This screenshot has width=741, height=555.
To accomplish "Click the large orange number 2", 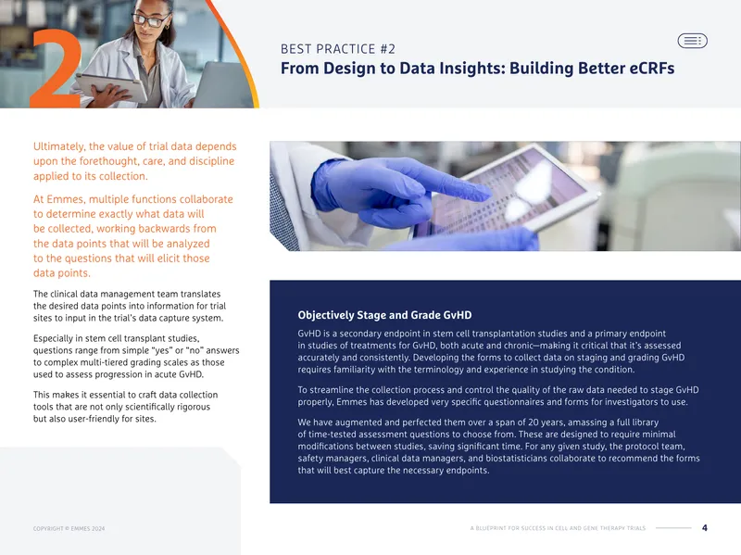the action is (x=57, y=71).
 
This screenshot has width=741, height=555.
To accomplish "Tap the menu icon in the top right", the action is (x=692, y=41).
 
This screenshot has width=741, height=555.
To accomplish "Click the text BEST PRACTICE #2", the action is (x=338, y=49).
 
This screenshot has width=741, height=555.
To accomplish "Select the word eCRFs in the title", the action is (x=652, y=68).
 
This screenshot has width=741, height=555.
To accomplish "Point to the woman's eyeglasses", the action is (x=150, y=19).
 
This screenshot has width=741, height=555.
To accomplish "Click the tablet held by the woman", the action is (x=112, y=86).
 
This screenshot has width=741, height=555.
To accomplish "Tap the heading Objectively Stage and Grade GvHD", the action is (x=384, y=315).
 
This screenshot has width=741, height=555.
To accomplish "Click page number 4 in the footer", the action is (x=705, y=528).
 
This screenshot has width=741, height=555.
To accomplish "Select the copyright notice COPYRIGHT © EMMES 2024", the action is (x=69, y=528).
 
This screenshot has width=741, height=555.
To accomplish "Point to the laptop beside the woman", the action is (x=222, y=85).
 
